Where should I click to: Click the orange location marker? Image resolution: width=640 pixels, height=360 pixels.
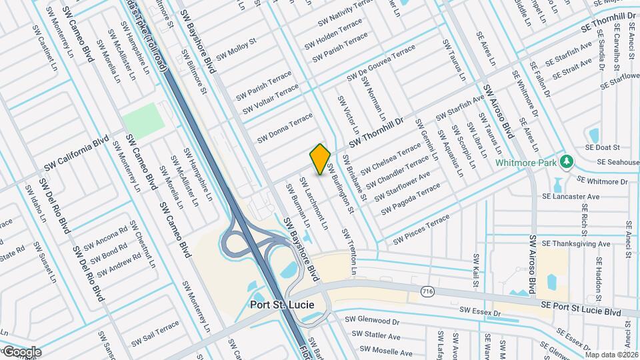pyautogui.click(x=320, y=159)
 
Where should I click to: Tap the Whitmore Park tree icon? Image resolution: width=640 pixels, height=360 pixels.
pyautogui.click(x=567, y=162)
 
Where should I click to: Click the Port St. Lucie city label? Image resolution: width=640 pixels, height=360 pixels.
pyautogui.click(x=291, y=305)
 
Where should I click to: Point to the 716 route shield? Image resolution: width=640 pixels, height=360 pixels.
pyautogui.click(x=429, y=291)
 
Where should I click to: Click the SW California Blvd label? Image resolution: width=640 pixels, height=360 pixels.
pyautogui.click(x=76, y=155)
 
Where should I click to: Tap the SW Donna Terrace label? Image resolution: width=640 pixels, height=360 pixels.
pyautogui.click(x=285, y=127)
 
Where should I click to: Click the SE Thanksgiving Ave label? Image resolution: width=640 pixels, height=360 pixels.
pyautogui.click(x=576, y=244)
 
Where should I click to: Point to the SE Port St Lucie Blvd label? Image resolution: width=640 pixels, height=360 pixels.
pyautogui.click(x=581, y=308)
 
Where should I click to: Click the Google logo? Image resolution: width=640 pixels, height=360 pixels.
pyautogui.click(x=21, y=351)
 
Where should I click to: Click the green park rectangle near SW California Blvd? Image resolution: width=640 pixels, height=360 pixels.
pyautogui.click(x=142, y=119)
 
